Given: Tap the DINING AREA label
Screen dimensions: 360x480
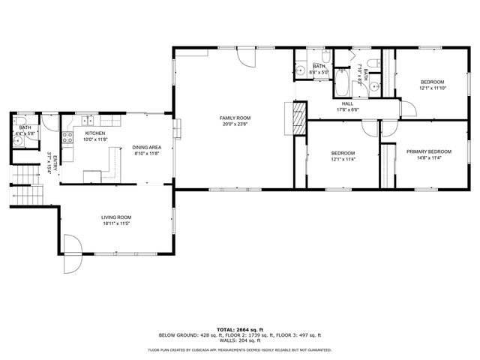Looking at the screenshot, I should [148, 147].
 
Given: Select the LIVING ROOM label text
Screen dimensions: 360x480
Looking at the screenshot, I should [117, 217].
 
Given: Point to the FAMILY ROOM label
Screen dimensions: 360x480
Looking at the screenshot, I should [235, 118].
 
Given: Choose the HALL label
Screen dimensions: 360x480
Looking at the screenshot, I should [348, 103].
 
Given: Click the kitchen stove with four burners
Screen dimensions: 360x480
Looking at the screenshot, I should [66, 137].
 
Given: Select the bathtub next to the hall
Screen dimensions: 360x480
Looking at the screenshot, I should [343, 82].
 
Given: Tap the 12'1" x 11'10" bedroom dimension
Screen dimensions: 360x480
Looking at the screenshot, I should [432, 88].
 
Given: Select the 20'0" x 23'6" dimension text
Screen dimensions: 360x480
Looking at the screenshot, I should [235, 124].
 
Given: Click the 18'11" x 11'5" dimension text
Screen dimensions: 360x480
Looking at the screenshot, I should [117, 224].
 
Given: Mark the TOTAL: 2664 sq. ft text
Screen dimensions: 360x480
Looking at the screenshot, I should [240, 328].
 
